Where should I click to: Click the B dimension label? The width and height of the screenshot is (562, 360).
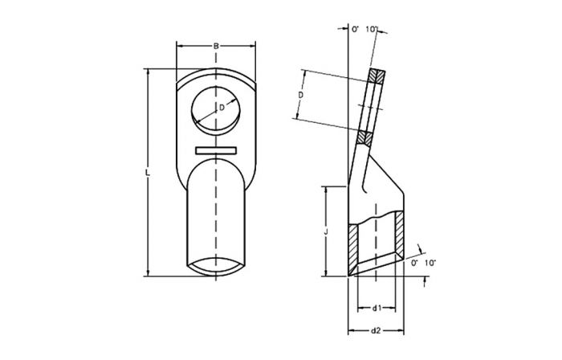coord(216,47)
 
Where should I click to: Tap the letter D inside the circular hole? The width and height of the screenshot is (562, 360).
coord(222,107)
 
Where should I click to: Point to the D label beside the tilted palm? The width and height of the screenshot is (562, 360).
coord(299,95)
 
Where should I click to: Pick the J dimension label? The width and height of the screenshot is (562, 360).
coord(324,231)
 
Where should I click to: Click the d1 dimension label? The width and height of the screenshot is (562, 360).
coord(377,308)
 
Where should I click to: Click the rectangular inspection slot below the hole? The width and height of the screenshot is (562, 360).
coord(216,149)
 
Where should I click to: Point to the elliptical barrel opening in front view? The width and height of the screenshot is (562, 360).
coord(215,266)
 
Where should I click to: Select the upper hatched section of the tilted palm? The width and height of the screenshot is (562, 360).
coord(376,78)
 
